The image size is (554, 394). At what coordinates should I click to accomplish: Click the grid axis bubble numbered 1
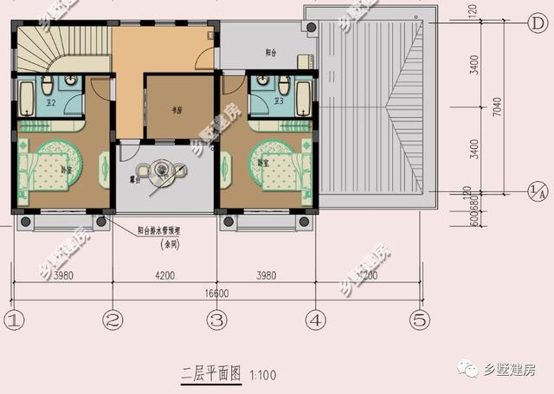(12, 320)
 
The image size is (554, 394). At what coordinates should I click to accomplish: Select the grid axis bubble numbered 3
(216, 320)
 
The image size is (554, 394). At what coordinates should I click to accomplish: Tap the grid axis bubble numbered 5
(420, 320)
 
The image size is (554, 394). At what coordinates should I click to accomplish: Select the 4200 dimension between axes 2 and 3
(164, 276)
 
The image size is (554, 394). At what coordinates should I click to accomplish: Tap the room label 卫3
(279, 102)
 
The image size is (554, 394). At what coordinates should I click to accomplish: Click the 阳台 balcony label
(270, 53)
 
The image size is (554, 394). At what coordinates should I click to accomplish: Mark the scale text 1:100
(262, 376)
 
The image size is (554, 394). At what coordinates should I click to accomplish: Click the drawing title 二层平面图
(210, 375)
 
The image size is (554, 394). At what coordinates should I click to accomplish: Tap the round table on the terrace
(163, 171)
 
